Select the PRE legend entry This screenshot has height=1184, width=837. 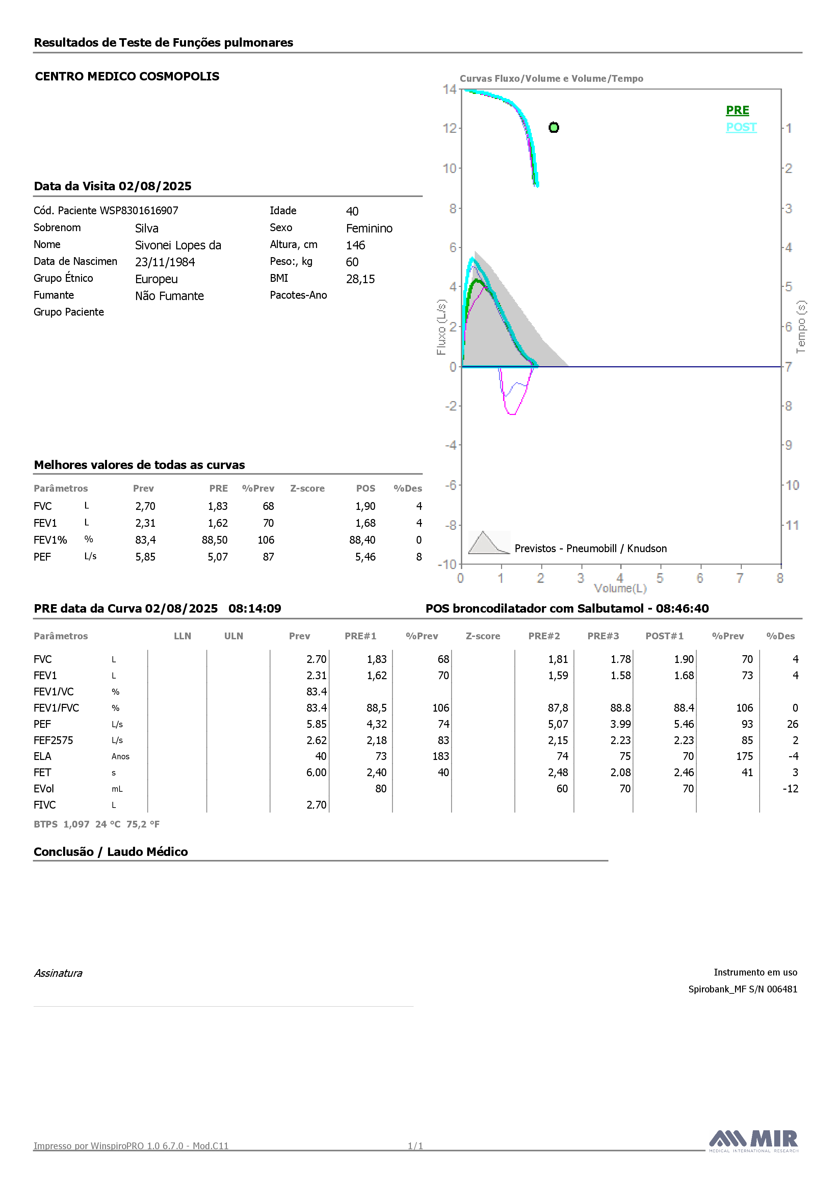(737, 110)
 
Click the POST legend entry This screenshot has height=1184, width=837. (741, 127)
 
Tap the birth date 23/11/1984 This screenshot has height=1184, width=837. (165, 262)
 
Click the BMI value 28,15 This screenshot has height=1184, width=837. (360, 279)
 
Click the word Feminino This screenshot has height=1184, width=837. (369, 228)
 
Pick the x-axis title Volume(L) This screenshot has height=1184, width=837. (620, 588)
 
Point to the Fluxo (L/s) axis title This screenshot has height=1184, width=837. (441, 327)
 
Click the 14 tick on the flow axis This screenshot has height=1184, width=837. (449, 89)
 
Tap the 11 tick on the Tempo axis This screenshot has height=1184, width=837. (792, 525)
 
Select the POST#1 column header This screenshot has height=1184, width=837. (664, 636)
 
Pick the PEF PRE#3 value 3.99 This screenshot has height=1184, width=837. (621, 724)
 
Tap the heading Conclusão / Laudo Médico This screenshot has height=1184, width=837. (111, 852)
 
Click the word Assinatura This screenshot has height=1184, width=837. (58, 973)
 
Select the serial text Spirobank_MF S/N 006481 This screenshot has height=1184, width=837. (743, 989)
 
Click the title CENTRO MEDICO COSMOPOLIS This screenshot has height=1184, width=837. (127, 76)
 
